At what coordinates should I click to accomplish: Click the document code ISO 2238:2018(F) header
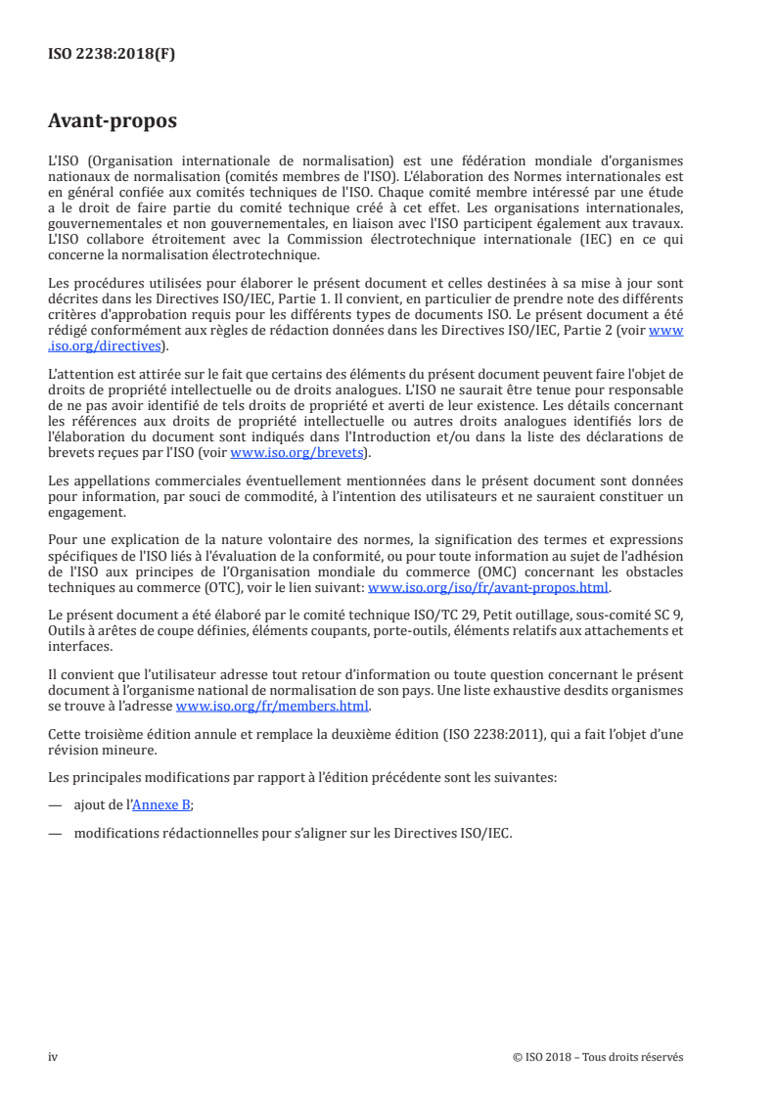tap(112, 55)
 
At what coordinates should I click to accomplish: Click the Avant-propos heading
tap(112, 122)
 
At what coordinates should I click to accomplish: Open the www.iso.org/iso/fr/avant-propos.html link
tap(487, 588)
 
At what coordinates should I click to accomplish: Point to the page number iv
tap(54, 1056)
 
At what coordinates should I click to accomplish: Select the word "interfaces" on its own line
tap(76, 647)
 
